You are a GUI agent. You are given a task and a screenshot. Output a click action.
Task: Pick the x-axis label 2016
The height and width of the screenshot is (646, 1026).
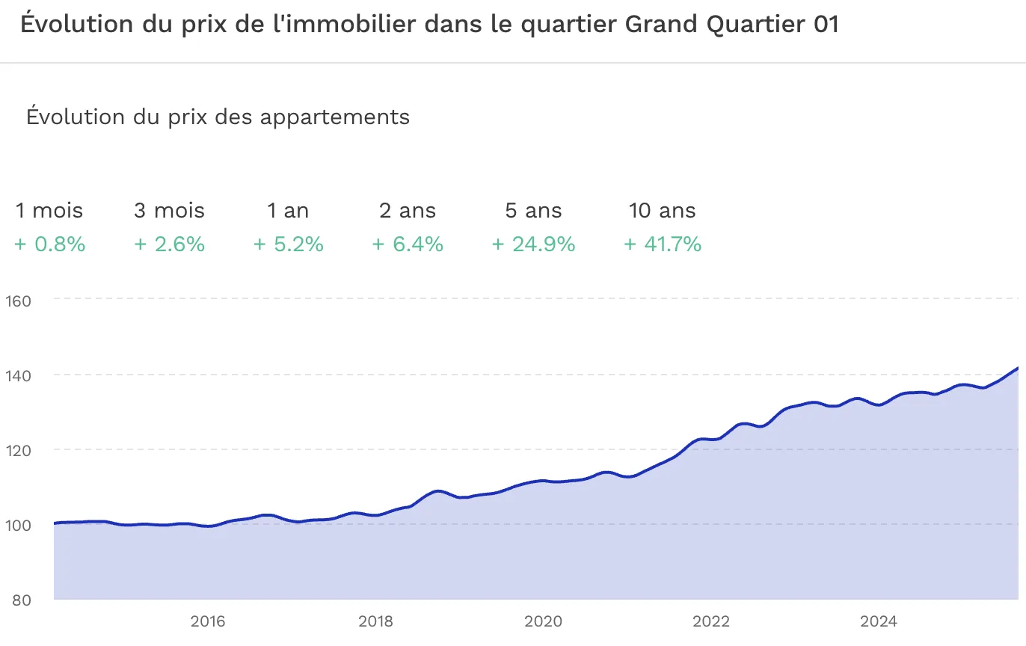pyautogui.click(x=208, y=621)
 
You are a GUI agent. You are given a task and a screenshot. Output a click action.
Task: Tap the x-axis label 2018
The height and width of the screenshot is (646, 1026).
pyautogui.click(x=375, y=621)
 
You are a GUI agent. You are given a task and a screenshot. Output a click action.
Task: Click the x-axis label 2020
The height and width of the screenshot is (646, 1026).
pyautogui.click(x=543, y=621)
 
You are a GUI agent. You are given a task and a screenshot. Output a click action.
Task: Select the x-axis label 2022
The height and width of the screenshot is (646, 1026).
pyautogui.click(x=710, y=621)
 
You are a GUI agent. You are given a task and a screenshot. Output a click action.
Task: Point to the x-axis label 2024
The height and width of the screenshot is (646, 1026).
pyautogui.click(x=879, y=621)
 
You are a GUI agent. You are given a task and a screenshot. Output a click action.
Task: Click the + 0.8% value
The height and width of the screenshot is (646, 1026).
pyautogui.click(x=49, y=244)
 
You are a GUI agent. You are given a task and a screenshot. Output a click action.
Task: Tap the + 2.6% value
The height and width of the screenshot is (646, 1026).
pyautogui.click(x=169, y=244)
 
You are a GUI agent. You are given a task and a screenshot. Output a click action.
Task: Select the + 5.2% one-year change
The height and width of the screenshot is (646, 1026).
pyautogui.click(x=288, y=244)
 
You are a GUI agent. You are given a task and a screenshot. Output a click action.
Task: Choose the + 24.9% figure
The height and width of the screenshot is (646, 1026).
pyautogui.click(x=533, y=244)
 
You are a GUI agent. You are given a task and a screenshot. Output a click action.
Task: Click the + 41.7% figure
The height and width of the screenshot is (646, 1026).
pyautogui.click(x=663, y=244)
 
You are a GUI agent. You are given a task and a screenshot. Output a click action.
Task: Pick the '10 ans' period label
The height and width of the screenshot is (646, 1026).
pyautogui.click(x=663, y=211)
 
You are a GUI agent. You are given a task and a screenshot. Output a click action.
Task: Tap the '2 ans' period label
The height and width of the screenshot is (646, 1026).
pyautogui.click(x=408, y=211)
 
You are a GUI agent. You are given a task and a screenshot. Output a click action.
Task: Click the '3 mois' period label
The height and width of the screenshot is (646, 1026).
pyautogui.click(x=169, y=211)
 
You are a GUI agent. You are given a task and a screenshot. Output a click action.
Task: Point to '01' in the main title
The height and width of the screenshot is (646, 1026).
pyautogui.click(x=824, y=25)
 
